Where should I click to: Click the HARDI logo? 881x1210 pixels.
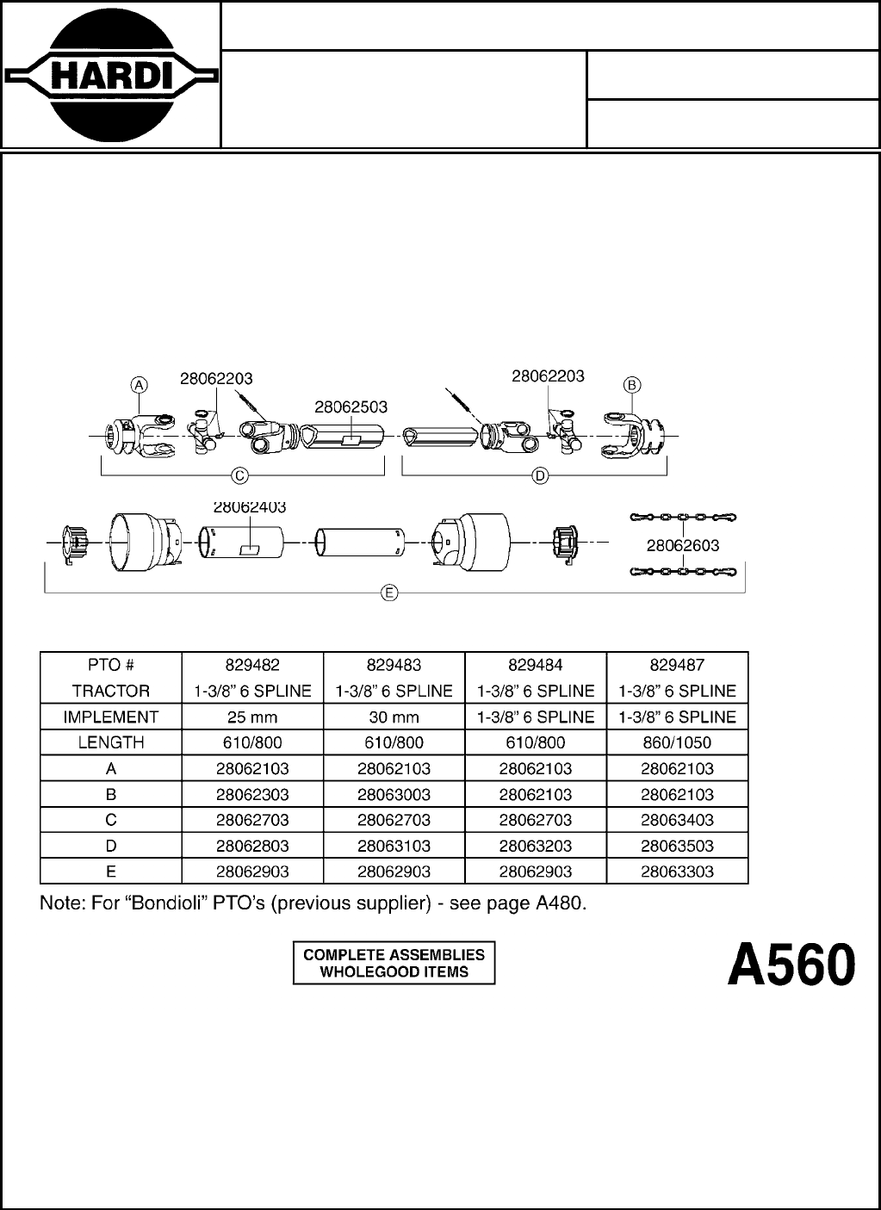[x=109, y=76]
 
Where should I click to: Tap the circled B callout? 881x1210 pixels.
[x=631, y=384]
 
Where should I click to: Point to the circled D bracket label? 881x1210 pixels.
[x=540, y=475]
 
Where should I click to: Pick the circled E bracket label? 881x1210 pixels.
[x=389, y=593]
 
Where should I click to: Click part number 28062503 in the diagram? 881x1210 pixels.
[x=351, y=406]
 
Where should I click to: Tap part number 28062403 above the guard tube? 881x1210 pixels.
[x=249, y=508]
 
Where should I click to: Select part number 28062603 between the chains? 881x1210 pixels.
[x=683, y=544]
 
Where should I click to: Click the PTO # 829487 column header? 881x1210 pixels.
[x=677, y=665]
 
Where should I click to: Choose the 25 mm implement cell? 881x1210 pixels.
[x=252, y=717]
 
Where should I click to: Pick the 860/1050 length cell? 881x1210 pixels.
[x=677, y=742]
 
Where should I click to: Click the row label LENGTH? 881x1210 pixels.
[x=111, y=742]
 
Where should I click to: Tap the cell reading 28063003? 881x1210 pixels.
[x=394, y=794]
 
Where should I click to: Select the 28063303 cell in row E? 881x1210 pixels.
[x=677, y=872]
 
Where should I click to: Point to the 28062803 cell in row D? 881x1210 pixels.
[x=252, y=846]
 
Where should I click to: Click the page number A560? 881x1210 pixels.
[x=791, y=965]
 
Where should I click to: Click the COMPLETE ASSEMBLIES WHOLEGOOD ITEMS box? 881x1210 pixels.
[x=394, y=963]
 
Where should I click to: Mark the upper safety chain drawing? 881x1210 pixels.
[x=683, y=518]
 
